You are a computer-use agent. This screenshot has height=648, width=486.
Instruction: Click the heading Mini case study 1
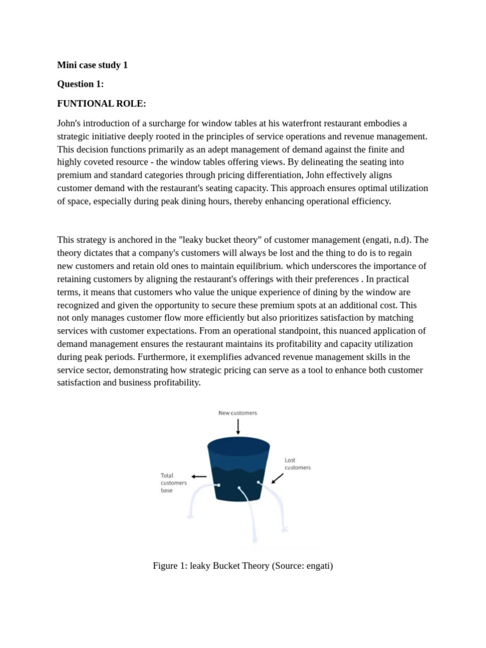(92, 65)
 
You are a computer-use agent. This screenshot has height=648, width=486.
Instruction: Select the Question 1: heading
(80, 84)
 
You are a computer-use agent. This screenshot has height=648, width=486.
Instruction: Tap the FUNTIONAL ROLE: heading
(101, 103)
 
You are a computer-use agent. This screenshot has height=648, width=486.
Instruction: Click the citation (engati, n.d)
(386, 240)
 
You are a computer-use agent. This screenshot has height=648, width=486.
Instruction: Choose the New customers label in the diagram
(238, 413)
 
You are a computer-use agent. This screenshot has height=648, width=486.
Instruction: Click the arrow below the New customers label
(238, 427)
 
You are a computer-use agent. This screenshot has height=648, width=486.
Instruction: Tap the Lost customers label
(297, 464)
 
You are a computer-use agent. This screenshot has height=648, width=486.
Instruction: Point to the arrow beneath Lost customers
(277, 478)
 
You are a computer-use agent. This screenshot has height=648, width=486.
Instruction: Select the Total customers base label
(174, 483)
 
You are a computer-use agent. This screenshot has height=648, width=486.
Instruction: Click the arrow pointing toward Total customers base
(199, 477)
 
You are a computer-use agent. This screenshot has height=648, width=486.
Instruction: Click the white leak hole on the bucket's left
(218, 485)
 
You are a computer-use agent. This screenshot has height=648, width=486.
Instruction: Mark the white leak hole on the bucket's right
(259, 483)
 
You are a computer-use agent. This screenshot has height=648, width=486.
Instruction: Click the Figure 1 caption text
(242, 566)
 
